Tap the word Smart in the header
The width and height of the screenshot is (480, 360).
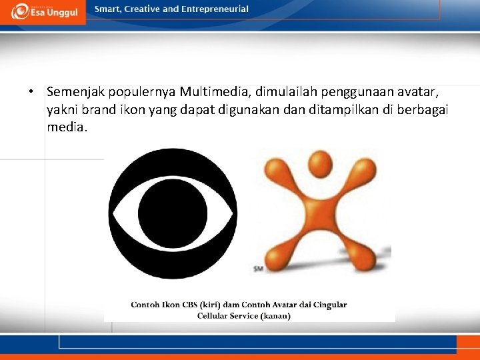(x=108, y=9)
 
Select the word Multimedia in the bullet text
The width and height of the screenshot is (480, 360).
(x=212, y=91)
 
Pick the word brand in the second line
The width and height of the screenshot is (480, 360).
(x=91, y=109)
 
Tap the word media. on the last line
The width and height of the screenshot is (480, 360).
(x=67, y=127)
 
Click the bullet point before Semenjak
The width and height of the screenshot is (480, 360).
(x=31, y=91)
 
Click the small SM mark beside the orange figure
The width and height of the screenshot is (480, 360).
(x=257, y=269)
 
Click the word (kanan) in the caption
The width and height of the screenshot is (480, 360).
(x=275, y=316)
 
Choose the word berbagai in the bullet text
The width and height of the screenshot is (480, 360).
(x=423, y=109)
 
